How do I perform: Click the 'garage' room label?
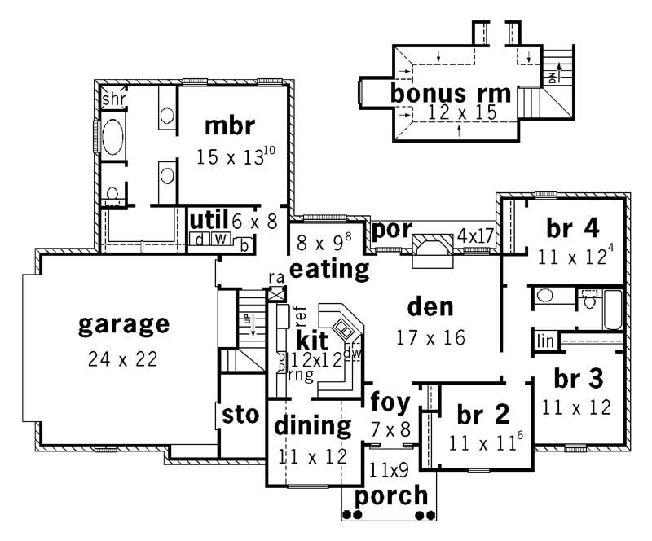[124, 325]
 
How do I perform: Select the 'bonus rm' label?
[451, 93]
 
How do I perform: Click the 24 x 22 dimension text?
[124, 358]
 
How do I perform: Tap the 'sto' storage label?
[240, 415]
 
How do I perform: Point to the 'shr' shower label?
[111, 99]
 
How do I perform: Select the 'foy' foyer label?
[388, 402]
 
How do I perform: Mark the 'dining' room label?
[312, 425]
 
